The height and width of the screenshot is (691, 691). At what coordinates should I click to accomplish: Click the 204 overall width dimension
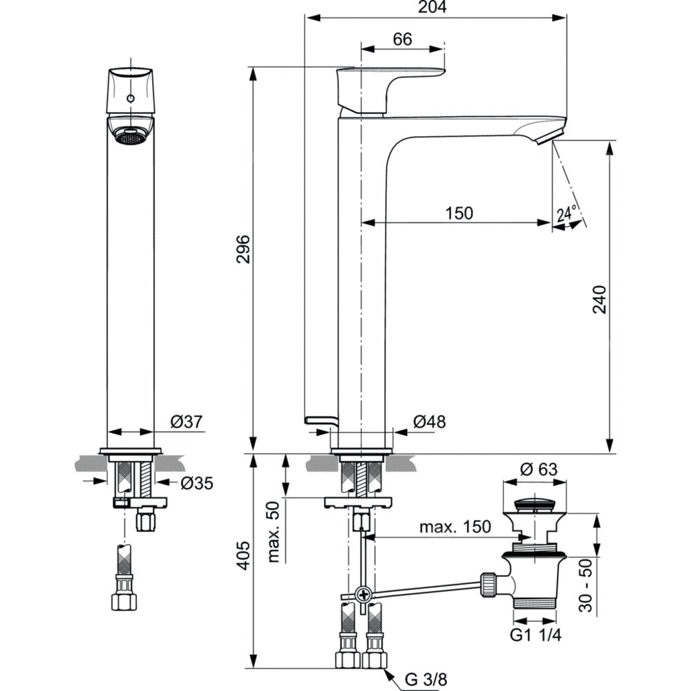click(436, 7)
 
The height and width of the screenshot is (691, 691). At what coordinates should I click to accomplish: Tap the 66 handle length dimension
click(402, 39)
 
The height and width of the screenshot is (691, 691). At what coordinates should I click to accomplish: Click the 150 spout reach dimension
click(459, 213)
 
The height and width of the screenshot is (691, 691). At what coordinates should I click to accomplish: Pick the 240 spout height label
click(600, 299)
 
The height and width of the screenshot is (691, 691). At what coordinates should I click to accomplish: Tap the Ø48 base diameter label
click(429, 421)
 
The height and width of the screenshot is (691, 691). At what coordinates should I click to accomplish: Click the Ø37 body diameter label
click(184, 421)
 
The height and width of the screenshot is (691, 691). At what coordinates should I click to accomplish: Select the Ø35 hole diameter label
click(197, 483)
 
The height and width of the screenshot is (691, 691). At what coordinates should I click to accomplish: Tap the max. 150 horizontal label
click(455, 527)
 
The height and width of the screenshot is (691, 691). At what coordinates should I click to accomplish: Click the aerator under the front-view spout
click(130, 138)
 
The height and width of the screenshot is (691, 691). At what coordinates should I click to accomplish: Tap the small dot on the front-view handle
click(130, 100)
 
